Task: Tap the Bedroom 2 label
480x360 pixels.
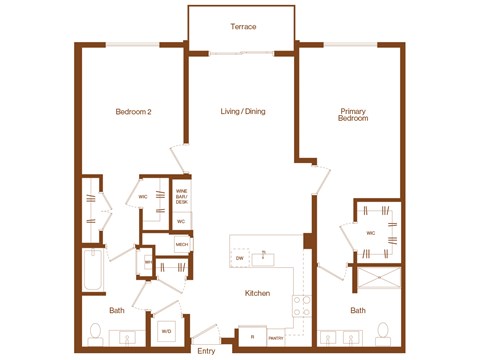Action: click(133, 112)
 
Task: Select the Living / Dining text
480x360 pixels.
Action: click(242, 112)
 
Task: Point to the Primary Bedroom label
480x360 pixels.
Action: click(353, 115)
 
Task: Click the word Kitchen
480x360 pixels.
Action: click(258, 293)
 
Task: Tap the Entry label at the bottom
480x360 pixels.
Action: click(206, 351)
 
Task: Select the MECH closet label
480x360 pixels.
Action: click(182, 243)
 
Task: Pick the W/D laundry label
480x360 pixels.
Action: click(166, 330)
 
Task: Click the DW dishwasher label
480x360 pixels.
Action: click(240, 260)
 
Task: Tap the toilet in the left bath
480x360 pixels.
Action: click(97, 331)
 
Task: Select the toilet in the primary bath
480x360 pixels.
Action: click(381, 331)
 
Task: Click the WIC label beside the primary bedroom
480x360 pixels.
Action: click(370, 233)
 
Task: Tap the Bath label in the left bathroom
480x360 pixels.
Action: click(116, 310)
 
